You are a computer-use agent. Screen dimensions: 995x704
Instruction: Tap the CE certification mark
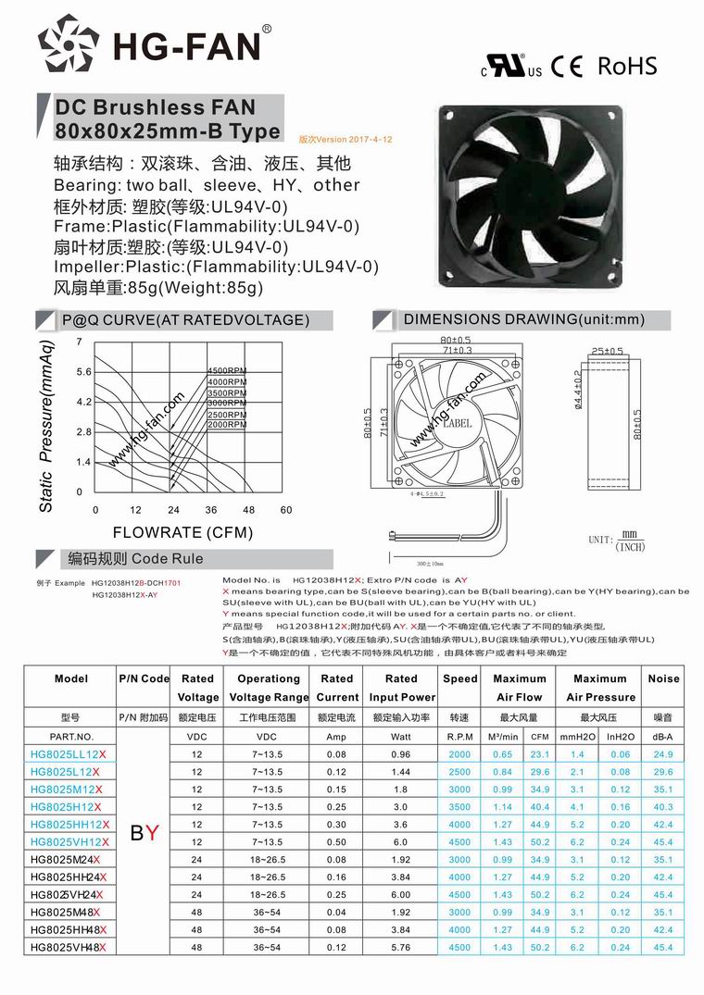[566, 67]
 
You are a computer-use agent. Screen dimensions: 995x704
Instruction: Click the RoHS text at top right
[626, 66]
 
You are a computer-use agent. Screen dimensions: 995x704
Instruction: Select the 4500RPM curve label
[226, 371]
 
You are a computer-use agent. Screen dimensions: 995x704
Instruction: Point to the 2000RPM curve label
[226, 425]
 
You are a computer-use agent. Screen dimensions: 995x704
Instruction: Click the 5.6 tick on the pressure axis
[83, 372]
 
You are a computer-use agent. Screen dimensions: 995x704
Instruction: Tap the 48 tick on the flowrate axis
[248, 510]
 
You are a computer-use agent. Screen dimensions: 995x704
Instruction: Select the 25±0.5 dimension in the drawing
[607, 352]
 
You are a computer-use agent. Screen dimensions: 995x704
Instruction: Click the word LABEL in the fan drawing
[457, 423]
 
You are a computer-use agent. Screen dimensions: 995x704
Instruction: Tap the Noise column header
[663, 678]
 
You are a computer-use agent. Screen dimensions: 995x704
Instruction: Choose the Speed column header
[459, 678]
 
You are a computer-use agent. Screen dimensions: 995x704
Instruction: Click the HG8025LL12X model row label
[67, 754]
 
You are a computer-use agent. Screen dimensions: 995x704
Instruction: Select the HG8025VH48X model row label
[68, 947]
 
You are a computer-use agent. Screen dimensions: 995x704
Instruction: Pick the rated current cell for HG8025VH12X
[336, 841]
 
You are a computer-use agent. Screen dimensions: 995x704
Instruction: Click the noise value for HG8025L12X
[663, 772]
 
